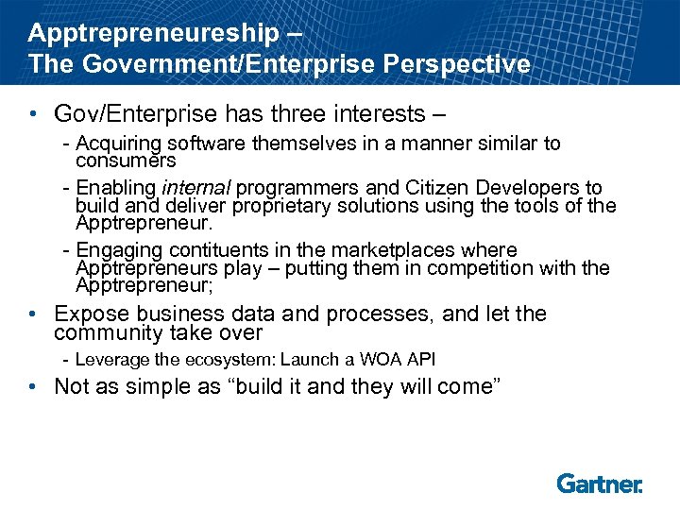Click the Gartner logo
click(x=600, y=484)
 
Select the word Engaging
click(x=115, y=251)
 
